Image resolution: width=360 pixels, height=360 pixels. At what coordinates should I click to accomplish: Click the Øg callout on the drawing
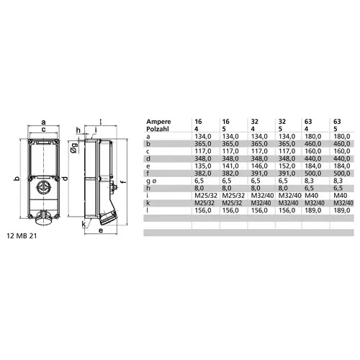pyautogui.click(x=74, y=148)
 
